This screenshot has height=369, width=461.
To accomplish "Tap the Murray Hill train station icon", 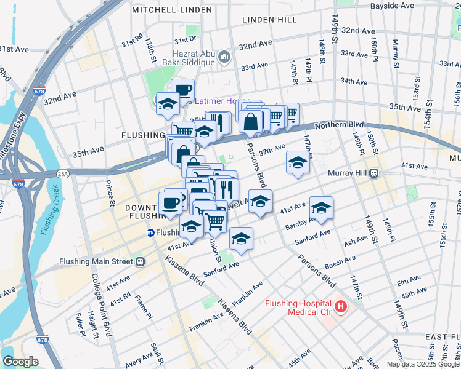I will click(374, 173).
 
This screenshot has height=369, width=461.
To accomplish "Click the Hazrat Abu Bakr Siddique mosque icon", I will click(224, 57).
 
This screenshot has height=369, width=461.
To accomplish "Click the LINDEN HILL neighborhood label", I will click(269, 20).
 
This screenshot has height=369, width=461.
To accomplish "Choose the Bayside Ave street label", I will click(393, 6).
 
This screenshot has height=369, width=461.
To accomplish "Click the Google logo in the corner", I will click(20, 362).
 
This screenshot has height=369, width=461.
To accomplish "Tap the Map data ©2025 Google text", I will click(422, 364).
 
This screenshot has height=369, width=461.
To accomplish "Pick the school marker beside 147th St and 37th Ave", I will click(298, 163).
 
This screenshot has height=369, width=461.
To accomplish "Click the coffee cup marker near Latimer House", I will click(182, 90).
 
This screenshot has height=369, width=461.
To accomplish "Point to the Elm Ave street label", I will click(409, 281).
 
